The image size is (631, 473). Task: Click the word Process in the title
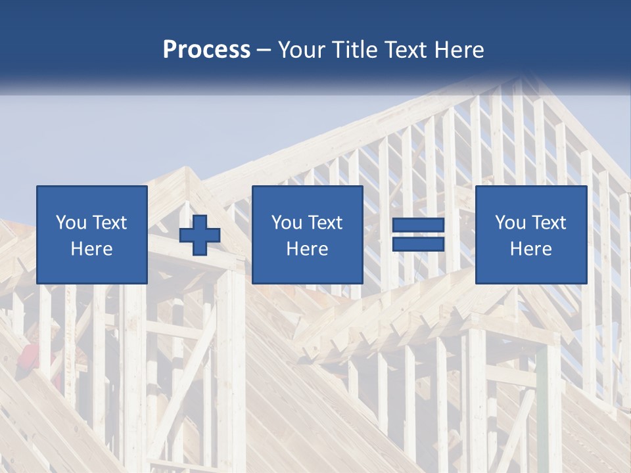[x=206, y=50]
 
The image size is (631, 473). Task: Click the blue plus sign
[x=200, y=235]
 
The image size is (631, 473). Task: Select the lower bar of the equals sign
[x=418, y=244]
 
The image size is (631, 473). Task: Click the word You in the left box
[x=71, y=223]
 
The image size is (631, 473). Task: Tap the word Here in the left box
[x=92, y=249]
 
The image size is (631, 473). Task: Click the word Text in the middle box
[x=325, y=223]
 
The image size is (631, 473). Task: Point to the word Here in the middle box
[x=308, y=249]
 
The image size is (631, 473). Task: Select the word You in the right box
[x=510, y=223]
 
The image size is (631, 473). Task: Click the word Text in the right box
[x=549, y=223]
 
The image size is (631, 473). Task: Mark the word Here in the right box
[x=531, y=249]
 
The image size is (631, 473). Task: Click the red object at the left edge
[x=28, y=355]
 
